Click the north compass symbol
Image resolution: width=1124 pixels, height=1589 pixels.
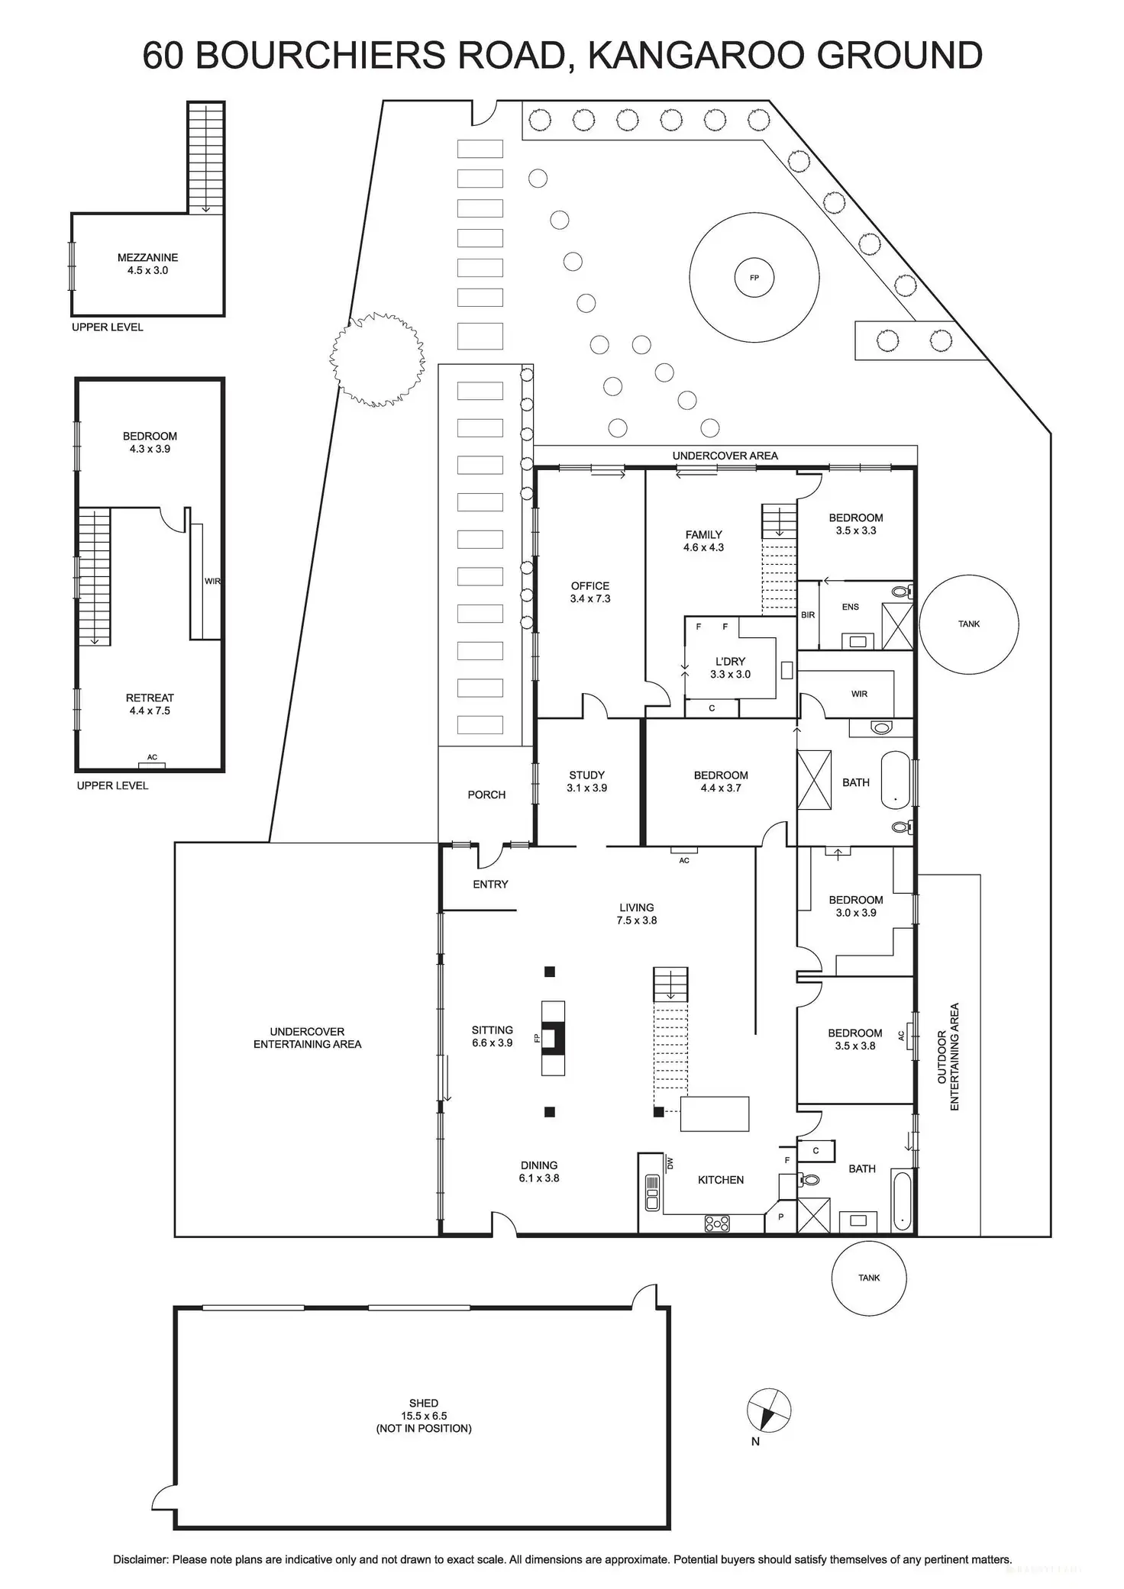[x=769, y=1410]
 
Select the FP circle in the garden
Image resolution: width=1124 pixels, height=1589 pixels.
[x=754, y=278]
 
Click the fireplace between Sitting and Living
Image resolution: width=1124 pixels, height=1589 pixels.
[x=553, y=1038]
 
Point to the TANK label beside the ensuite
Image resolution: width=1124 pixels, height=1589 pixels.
[x=968, y=624]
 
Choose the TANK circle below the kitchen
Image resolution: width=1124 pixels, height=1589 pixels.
[x=869, y=1278]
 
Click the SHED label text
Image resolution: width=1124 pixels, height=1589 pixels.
[x=423, y=1403]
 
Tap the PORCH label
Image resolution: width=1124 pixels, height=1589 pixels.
[x=486, y=794]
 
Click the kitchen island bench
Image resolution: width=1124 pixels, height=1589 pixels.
[x=715, y=1114]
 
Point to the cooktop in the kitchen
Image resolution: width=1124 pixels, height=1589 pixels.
[x=717, y=1223]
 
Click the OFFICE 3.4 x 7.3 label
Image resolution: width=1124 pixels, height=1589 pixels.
[x=589, y=592]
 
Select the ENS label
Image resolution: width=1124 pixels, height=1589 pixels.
[x=850, y=608]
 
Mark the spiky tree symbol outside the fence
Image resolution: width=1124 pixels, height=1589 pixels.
[x=377, y=359]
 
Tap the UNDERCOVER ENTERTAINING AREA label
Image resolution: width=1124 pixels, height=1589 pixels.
[x=307, y=1038]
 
